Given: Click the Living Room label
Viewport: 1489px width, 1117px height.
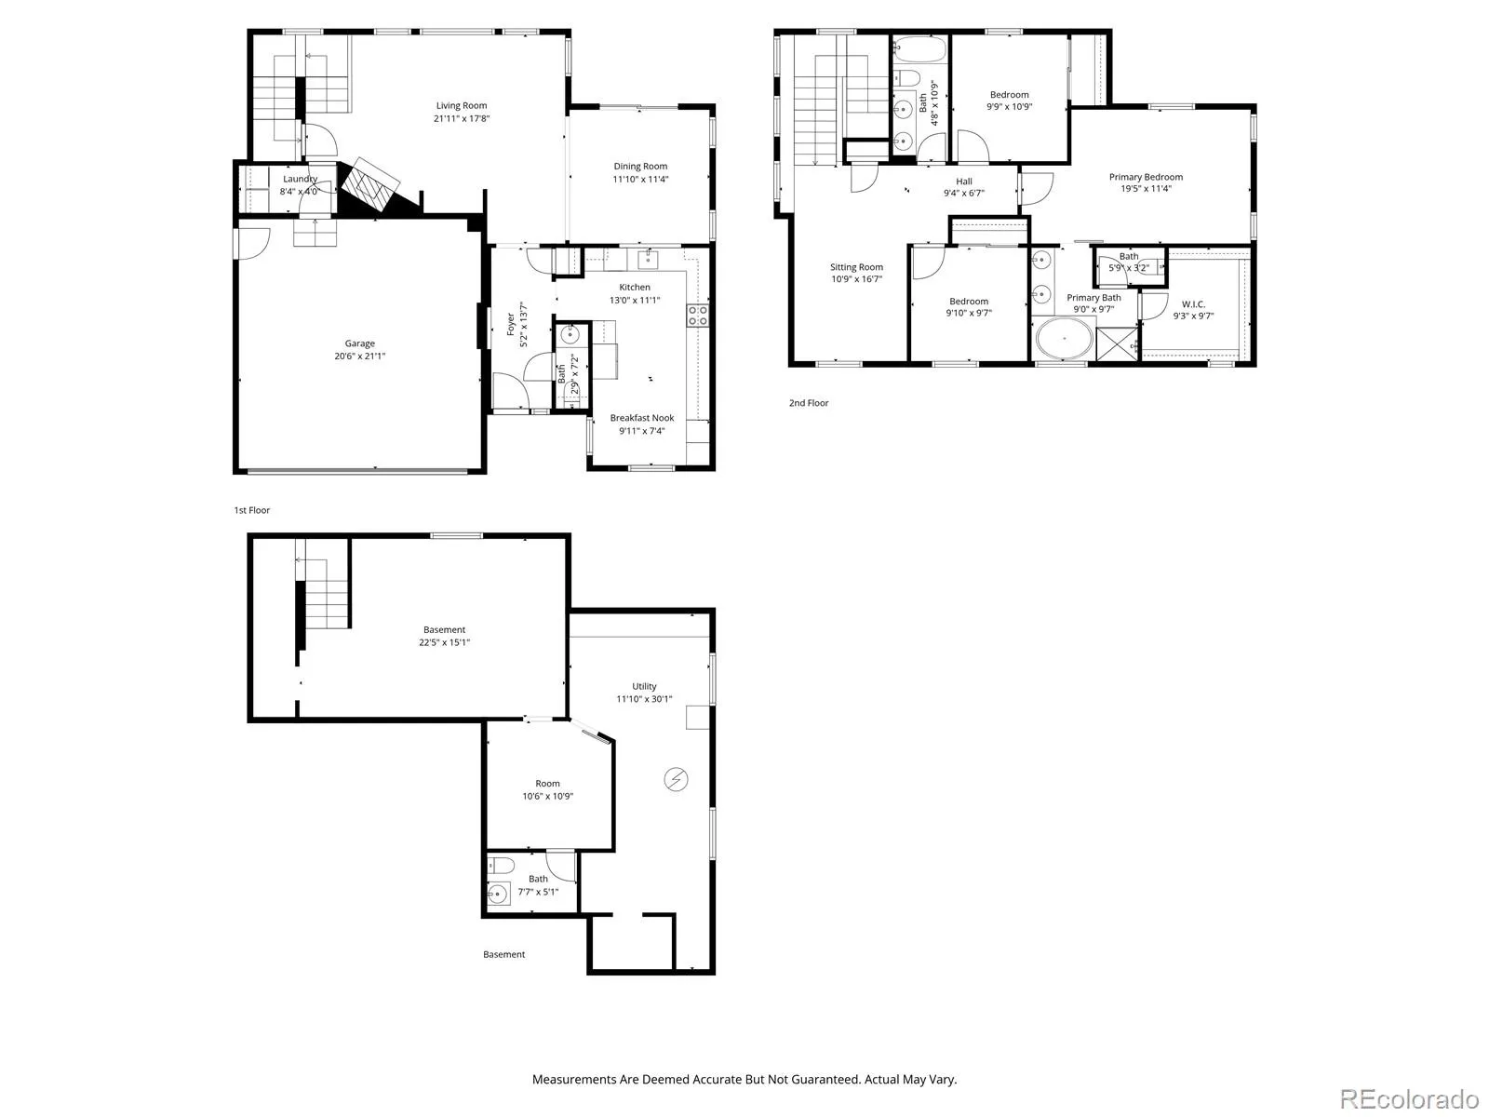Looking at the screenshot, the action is (462, 105).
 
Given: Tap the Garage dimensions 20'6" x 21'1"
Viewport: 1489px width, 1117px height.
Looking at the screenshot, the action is (359, 357).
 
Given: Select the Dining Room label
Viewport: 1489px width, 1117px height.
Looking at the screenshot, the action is (640, 167).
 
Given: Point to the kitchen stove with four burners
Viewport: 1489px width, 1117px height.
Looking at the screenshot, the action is (698, 316).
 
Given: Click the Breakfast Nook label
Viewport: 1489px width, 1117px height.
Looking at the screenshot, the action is (642, 418).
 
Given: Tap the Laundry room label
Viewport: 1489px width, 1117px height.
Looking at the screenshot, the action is (300, 179).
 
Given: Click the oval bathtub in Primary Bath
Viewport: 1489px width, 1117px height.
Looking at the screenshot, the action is (1064, 339).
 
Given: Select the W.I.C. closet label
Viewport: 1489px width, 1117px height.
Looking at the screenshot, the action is (1193, 304).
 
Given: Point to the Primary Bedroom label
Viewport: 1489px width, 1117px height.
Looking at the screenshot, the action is (1146, 177).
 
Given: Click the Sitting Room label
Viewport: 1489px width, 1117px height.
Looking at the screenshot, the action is (856, 267).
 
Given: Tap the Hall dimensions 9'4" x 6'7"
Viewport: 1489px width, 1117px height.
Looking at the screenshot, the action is (964, 194).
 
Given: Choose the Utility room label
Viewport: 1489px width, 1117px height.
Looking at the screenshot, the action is (644, 686).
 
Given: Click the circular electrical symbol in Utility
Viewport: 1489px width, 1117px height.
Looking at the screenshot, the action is (676, 779).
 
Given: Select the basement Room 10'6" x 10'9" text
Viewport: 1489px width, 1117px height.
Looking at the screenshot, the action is (547, 790).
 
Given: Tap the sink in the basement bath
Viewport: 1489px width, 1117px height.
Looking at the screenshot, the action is (498, 894).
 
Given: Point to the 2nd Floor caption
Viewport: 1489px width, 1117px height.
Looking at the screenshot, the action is (809, 403).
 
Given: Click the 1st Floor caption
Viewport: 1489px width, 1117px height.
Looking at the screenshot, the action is (251, 510).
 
